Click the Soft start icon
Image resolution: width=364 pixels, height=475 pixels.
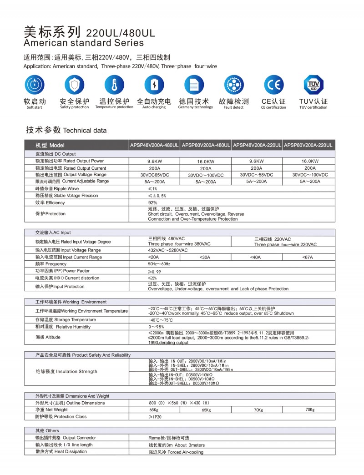pyautogui.click(x=35, y=85)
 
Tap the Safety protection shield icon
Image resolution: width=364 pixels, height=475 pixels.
pyautogui.click(x=74, y=85)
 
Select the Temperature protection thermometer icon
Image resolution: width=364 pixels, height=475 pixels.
pyautogui.click(x=114, y=85)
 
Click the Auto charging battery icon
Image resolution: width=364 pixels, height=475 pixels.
pyautogui.click(x=154, y=85)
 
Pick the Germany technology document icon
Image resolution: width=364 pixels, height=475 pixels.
pyautogui.click(x=194, y=85)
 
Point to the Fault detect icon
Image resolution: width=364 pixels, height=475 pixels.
pyautogui.click(x=234, y=85)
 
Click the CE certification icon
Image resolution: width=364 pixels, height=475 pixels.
pyautogui.click(x=273, y=85)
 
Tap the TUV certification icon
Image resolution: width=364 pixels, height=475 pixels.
pyautogui.click(x=313, y=85)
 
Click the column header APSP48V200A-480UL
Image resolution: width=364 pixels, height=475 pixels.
pyautogui.click(x=155, y=145)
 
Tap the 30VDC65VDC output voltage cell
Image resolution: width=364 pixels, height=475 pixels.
pyautogui.click(x=155, y=175)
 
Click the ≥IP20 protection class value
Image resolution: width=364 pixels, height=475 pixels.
pyautogui.click(x=156, y=417)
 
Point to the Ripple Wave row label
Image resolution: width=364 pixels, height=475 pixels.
pyautogui.click(x=57, y=188)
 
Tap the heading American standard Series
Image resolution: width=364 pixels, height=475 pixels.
pyautogui.click(x=83, y=43)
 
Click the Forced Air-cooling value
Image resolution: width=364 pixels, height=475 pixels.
pyautogui.click(x=176, y=452)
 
